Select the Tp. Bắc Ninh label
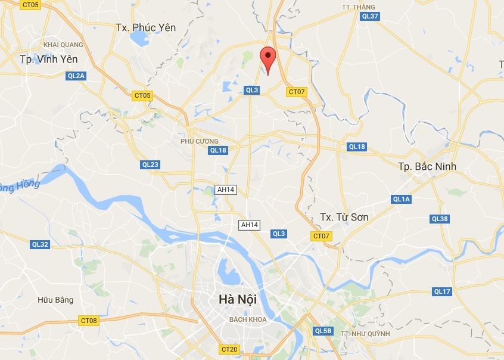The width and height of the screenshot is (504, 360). click(x=427, y=166)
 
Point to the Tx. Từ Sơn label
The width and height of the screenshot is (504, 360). click(x=344, y=217)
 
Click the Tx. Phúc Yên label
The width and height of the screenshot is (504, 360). click(x=146, y=27)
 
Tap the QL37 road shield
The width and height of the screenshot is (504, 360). click(x=370, y=16)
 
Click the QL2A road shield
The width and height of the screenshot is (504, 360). click(x=76, y=76)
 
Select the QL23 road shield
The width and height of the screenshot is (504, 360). click(x=150, y=165)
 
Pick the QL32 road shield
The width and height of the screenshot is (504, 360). click(x=40, y=244)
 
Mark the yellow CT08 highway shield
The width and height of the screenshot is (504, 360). click(x=88, y=321)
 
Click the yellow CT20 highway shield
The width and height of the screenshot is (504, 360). click(x=229, y=349)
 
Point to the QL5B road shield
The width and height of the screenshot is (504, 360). click(x=323, y=331)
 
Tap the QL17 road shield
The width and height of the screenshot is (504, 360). click(x=442, y=291)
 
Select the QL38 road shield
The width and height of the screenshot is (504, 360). click(x=440, y=219)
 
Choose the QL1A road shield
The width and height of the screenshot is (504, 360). click(x=402, y=199)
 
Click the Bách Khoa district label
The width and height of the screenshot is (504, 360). click(x=248, y=319)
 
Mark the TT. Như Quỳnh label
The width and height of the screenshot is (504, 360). click(x=365, y=334)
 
